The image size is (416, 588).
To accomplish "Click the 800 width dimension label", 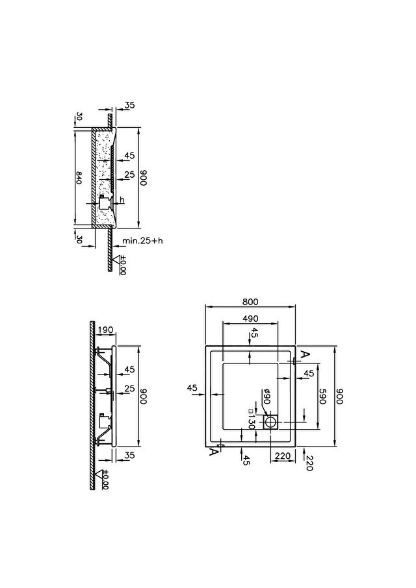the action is pyautogui.click(x=250, y=302).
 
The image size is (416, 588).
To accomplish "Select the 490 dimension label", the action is pyautogui.click(x=250, y=319).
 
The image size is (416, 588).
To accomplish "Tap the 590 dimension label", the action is pyautogui.click(x=322, y=397).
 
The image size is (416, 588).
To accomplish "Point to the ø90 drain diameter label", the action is pyautogui.click(x=266, y=397).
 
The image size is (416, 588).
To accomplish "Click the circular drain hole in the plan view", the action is pyautogui.click(x=270, y=423).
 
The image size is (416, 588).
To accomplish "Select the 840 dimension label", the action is pyautogui.click(x=79, y=177).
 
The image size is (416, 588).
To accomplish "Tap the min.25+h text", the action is pyautogui.click(x=142, y=240).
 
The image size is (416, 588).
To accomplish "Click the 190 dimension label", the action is pyautogui.click(x=105, y=330).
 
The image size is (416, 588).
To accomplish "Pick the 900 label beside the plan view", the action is pyautogui.click(x=339, y=397).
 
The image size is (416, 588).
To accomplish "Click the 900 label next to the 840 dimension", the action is pyautogui.click(x=144, y=177).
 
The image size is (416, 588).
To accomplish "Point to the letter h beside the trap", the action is pyautogui.click(x=122, y=199).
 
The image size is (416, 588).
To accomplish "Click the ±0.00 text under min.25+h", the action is pyautogui.click(x=122, y=265).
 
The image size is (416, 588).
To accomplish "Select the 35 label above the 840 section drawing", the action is pyautogui.click(x=129, y=105).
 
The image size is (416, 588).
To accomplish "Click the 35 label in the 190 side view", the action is pyautogui.click(x=129, y=455).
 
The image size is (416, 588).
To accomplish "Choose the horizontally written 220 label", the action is pyautogui.click(x=282, y=456).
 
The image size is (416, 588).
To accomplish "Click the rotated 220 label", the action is pyautogui.click(x=309, y=463).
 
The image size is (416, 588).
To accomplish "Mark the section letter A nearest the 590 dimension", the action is pyautogui.click(x=306, y=354).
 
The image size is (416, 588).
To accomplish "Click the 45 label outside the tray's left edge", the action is pyautogui.click(x=192, y=387).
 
